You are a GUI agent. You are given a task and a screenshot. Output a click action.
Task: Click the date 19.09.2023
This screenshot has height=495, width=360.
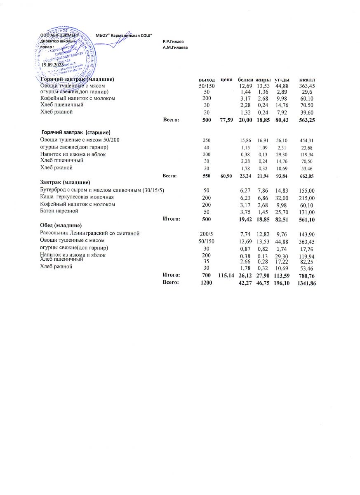[53, 65]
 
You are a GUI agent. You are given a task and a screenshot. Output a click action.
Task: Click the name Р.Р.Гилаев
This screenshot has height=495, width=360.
[173, 42]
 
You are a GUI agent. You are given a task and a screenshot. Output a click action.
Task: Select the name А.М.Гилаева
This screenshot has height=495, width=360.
[175, 47]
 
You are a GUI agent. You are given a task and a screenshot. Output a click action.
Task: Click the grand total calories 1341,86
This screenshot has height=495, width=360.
[306, 283]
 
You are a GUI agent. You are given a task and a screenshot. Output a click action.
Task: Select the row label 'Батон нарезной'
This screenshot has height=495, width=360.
[59, 211]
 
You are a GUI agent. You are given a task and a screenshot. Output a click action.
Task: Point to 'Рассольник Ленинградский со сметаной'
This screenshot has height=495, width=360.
[89, 233]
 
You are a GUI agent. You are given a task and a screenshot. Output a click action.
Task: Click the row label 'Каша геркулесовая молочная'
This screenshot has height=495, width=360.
[77, 197]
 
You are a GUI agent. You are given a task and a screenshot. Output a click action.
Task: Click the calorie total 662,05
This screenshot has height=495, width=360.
[306, 176]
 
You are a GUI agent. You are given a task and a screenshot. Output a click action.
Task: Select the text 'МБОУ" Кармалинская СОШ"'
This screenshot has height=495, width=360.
[124, 36]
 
